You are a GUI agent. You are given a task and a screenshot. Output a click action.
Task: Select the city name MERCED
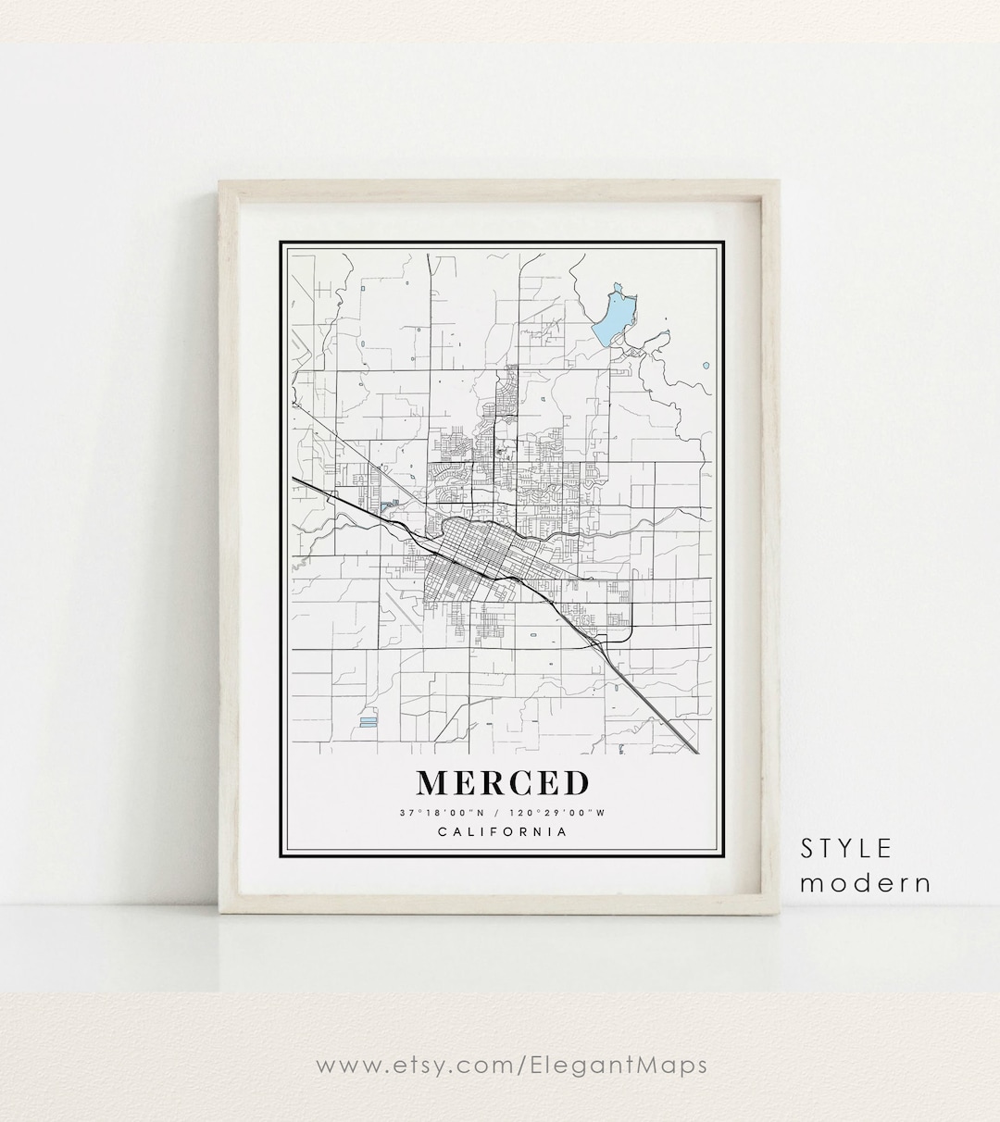pos(502,783)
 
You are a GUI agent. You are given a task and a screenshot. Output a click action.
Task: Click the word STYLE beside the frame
pos(846,848)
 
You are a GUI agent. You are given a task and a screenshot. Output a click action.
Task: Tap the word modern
pos(865,882)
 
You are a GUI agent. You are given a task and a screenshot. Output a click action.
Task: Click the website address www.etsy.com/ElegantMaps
pos(512,1065)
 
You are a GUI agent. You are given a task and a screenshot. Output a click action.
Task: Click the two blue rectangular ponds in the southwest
pos(368,719)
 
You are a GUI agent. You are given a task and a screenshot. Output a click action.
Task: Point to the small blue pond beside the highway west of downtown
pos(386,506)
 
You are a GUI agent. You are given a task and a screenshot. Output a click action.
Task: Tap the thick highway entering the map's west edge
pos(306,484)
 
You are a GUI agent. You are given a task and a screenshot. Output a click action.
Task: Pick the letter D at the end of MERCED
pos(575,783)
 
